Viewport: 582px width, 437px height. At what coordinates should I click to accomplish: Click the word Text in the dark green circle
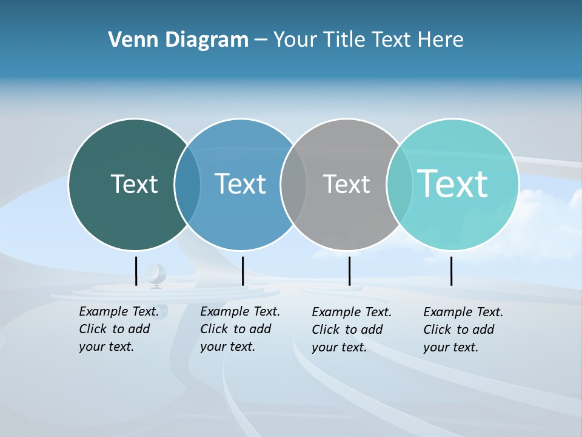pyautogui.click(x=134, y=184)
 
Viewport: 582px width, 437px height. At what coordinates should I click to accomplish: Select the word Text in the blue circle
pyautogui.click(x=240, y=184)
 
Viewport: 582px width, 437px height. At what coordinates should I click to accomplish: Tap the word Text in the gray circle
pyautogui.click(x=346, y=184)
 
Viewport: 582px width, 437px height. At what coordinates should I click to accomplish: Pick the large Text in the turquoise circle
pyautogui.click(x=453, y=183)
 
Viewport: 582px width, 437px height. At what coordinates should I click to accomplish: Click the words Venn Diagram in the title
pyautogui.click(x=178, y=40)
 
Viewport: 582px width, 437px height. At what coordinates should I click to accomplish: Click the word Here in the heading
pyautogui.click(x=440, y=40)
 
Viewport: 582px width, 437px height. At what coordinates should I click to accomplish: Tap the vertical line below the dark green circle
pyautogui.click(x=136, y=271)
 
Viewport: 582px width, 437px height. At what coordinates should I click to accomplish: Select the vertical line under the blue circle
pyautogui.click(x=242, y=271)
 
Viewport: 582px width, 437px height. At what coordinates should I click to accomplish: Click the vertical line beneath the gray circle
pyautogui.click(x=349, y=271)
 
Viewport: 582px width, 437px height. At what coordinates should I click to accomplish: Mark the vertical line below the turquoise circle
pyautogui.click(x=451, y=271)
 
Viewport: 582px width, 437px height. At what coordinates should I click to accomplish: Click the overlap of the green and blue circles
pyautogui.click(x=187, y=184)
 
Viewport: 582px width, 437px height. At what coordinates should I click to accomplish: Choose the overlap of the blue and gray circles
pyautogui.click(x=293, y=184)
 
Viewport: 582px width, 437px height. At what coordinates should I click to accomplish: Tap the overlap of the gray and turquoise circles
pyautogui.click(x=400, y=184)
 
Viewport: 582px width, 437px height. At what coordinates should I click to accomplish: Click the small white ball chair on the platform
pyautogui.click(x=156, y=274)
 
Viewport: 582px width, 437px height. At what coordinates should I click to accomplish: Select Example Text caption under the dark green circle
pyautogui.click(x=118, y=329)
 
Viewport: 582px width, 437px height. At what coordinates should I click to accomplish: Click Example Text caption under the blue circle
pyautogui.click(x=239, y=329)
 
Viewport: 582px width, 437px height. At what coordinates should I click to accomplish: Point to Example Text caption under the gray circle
pyautogui.click(x=351, y=330)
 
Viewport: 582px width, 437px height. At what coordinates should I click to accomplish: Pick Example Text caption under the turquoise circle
pyautogui.click(x=463, y=330)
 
